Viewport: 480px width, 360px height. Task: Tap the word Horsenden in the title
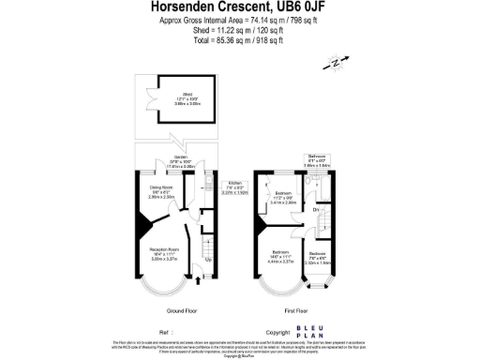click(x=185, y=7)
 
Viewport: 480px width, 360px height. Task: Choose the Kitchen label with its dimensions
click(x=235, y=187)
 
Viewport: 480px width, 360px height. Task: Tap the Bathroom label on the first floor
click(x=316, y=158)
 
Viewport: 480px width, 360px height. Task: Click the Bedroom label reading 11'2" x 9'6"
click(x=283, y=199)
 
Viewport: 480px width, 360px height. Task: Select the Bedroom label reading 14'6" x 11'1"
click(x=280, y=254)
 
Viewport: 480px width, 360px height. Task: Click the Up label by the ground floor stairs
click(x=194, y=259)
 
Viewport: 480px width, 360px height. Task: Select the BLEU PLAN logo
click(x=309, y=331)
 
